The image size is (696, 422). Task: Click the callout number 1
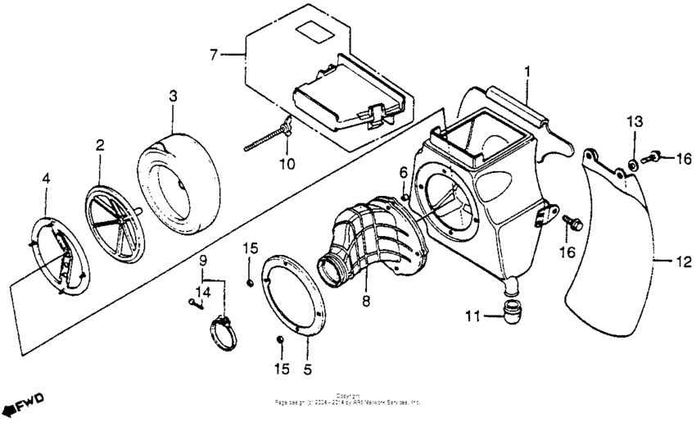pyautogui.click(x=527, y=73)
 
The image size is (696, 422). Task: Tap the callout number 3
pyautogui.click(x=173, y=96)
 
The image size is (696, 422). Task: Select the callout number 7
pyautogui.click(x=214, y=55)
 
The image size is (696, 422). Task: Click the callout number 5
pyautogui.click(x=307, y=370)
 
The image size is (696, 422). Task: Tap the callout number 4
pyautogui.click(x=46, y=177)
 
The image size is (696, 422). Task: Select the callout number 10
pyautogui.click(x=286, y=164)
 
